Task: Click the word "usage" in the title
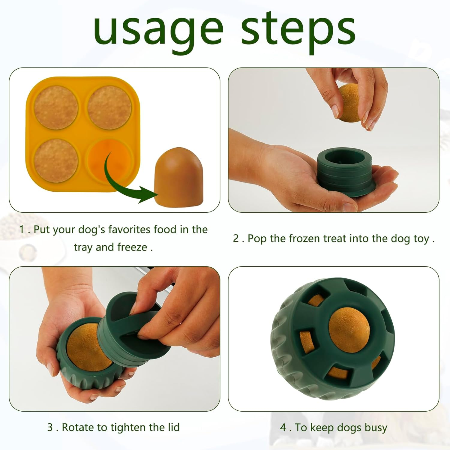coord(158,30)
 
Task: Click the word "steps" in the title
coord(298,30)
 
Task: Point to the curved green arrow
coord(120,183)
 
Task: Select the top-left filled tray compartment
coord(56,107)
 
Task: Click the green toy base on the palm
coord(345,172)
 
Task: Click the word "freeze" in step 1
coord(132,247)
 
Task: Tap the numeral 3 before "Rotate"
coord(50,427)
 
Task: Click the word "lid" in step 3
coord(173,427)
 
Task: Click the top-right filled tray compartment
coord(109,107)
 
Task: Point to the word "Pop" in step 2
coord(257,238)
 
